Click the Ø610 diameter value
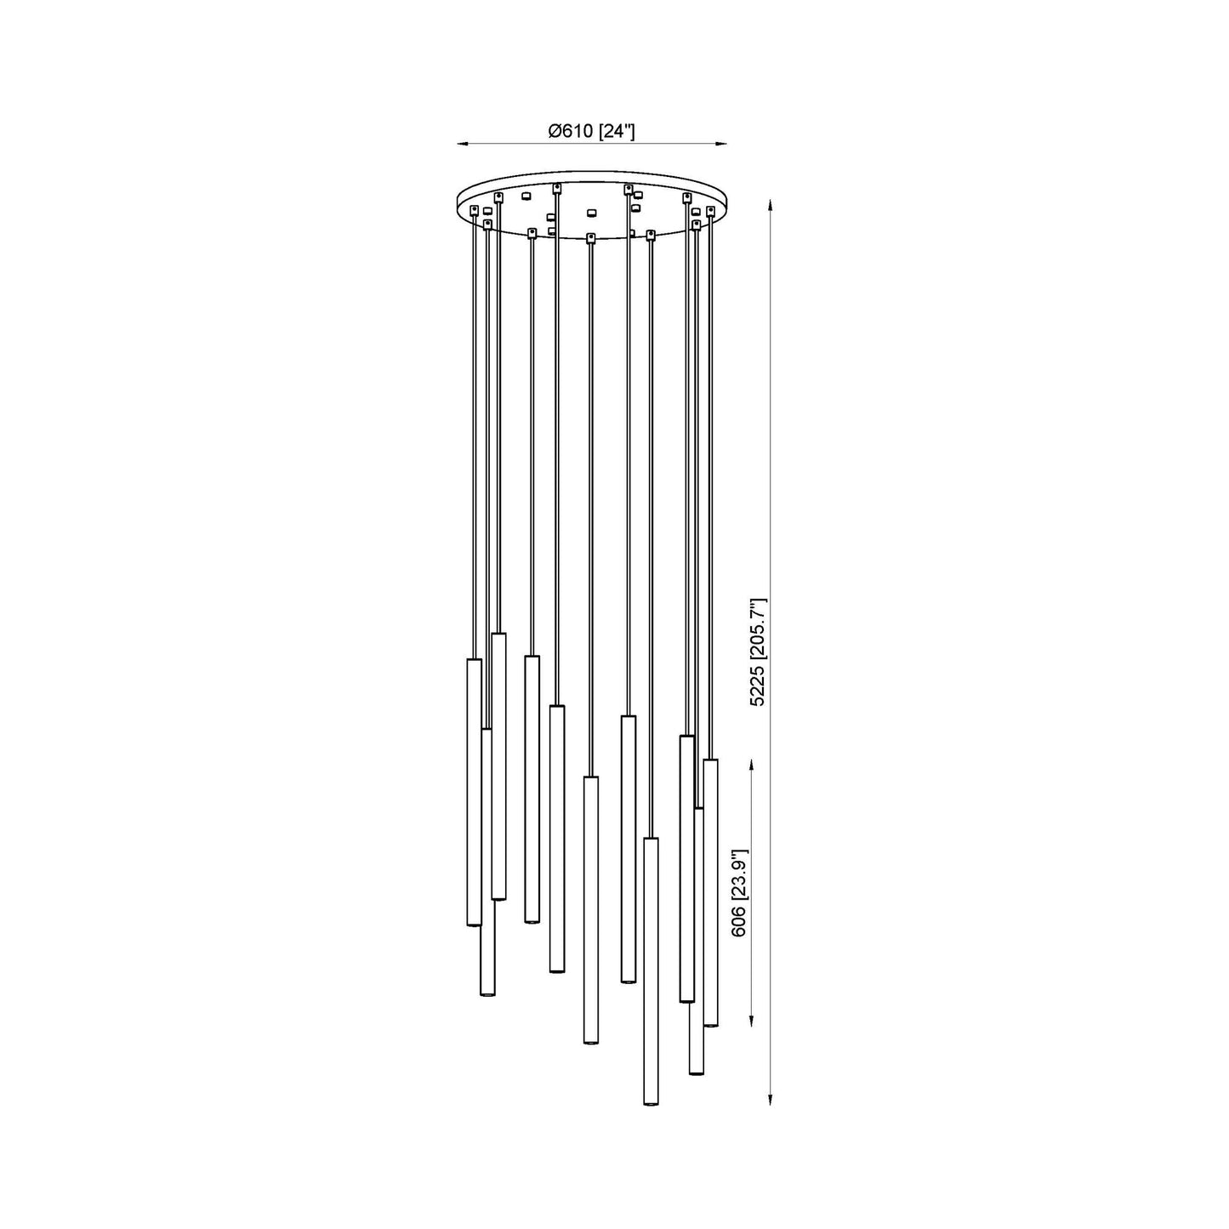tap(572, 131)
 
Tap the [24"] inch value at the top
tap(617, 131)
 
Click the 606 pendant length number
tap(739, 920)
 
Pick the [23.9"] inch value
tap(739, 876)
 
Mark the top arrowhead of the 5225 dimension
tap(771, 205)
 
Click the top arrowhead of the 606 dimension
tap(752, 765)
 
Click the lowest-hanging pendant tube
tap(651, 970)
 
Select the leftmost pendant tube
tap(474, 791)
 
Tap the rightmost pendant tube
tap(710, 891)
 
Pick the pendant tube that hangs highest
tap(499, 765)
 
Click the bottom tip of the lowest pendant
tap(651, 1104)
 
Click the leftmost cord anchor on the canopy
tap(475, 209)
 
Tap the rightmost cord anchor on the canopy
tap(710, 209)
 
